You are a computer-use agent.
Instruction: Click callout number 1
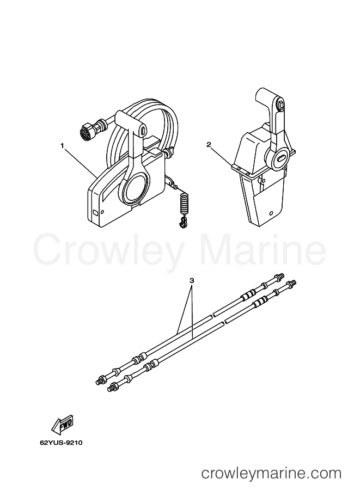(x=63, y=145)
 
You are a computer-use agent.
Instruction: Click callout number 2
(x=209, y=145)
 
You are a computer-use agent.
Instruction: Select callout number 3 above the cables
(x=192, y=281)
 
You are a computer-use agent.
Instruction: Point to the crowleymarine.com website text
(x=272, y=474)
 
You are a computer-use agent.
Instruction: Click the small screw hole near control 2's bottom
(x=271, y=213)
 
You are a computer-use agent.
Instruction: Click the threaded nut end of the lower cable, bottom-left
(x=113, y=386)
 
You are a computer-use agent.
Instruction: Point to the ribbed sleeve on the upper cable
(x=248, y=294)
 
